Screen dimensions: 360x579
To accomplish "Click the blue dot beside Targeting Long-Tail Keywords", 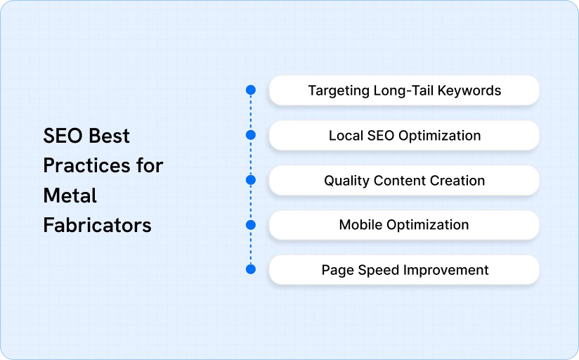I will point(250,90).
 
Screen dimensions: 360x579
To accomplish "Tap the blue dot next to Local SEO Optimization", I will point(250,135).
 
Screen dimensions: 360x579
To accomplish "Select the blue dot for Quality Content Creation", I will point(250,180).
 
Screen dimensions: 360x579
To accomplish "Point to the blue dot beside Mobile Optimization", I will point(250,225).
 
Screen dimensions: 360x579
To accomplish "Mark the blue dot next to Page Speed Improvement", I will point(250,269).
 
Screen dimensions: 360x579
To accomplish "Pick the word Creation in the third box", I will point(457,181).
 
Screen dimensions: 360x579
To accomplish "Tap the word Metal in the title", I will point(70,195).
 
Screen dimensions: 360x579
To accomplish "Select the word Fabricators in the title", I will point(97,225).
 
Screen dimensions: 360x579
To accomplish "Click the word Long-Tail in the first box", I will point(403,91).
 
